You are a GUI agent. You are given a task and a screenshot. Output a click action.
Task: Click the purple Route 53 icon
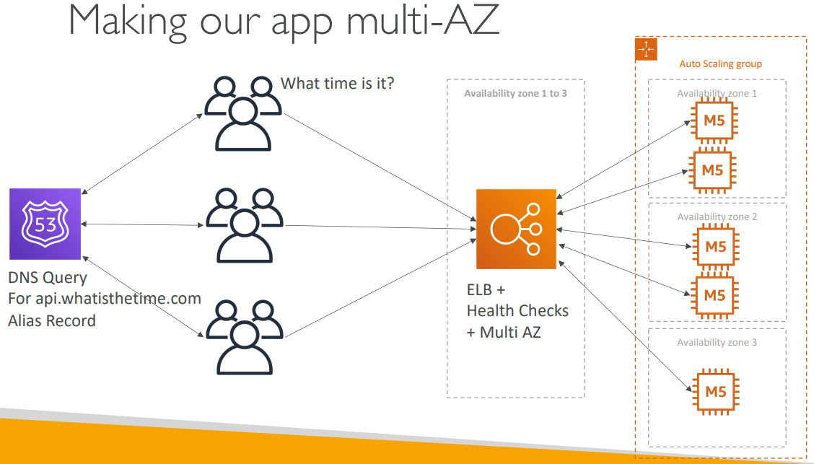click(x=45, y=224)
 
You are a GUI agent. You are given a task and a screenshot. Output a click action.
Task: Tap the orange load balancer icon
click(x=516, y=229)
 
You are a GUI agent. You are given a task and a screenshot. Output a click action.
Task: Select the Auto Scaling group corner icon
click(x=646, y=49)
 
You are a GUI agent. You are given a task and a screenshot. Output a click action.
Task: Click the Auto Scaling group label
click(x=721, y=64)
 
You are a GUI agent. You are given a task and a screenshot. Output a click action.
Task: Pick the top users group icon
click(x=243, y=114)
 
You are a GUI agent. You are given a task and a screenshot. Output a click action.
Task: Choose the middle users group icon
click(x=245, y=225)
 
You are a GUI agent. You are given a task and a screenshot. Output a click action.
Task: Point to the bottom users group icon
click(x=245, y=337)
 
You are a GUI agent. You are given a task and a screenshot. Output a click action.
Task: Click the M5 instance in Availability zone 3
click(x=715, y=392)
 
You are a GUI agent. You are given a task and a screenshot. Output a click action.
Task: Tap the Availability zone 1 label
click(x=717, y=93)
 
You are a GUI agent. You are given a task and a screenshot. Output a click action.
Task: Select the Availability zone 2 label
click(x=717, y=216)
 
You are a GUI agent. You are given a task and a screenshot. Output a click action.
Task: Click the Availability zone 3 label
click(x=717, y=342)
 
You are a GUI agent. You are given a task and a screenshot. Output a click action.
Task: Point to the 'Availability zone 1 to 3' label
click(x=515, y=93)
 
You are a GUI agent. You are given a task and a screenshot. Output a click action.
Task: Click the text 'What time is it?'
click(x=338, y=83)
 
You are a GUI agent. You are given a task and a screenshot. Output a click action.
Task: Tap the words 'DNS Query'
click(x=48, y=279)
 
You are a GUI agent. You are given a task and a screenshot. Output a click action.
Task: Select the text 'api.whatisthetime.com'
click(x=118, y=299)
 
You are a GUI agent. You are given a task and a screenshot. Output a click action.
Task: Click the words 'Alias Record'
click(x=52, y=320)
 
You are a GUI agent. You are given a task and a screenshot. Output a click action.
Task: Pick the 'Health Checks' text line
click(x=517, y=311)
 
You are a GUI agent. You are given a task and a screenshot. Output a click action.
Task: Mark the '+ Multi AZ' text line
click(x=504, y=332)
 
